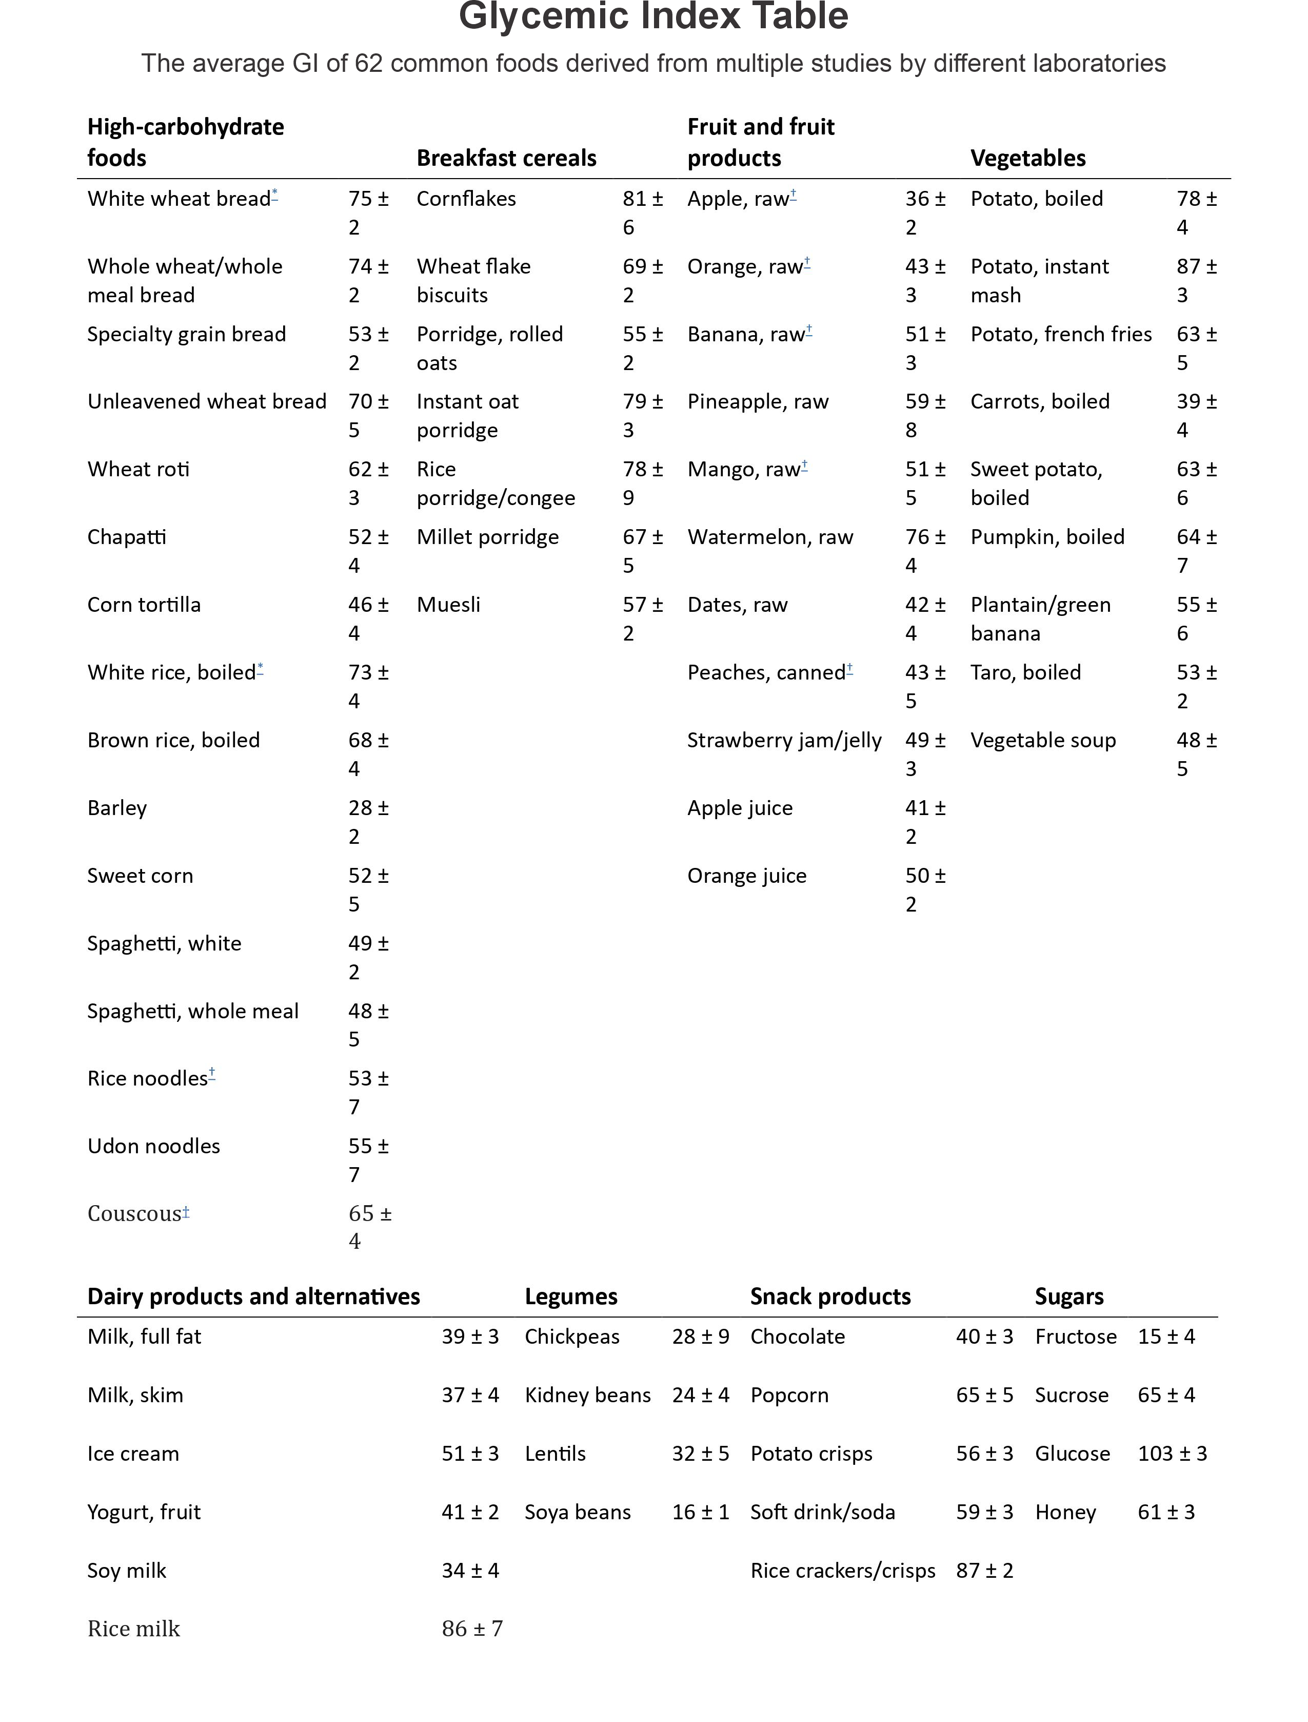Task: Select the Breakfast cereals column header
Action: [x=506, y=158]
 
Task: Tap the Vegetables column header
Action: [x=1028, y=158]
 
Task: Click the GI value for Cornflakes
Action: [x=642, y=212]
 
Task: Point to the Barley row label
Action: [x=117, y=808]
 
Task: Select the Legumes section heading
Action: [x=571, y=1296]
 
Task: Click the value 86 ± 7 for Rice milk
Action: [x=472, y=1629]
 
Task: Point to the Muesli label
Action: [x=448, y=605]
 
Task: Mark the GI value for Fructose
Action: [x=1165, y=1337]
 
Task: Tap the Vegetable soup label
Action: [x=1042, y=740]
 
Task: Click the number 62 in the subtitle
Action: [x=368, y=63]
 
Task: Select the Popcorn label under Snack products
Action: [x=789, y=1395]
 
